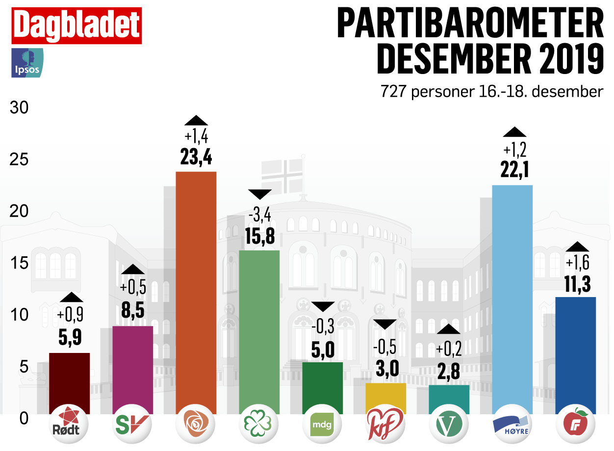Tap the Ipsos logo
coord(27,63)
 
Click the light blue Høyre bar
coord(512,299)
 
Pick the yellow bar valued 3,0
coord(386,398)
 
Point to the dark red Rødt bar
coord(69,383)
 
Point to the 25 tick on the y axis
coord(20,160)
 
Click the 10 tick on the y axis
coord(20,314)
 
